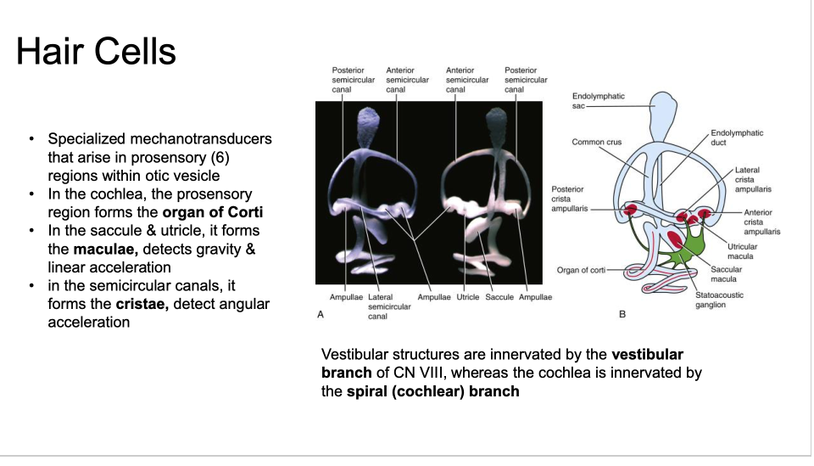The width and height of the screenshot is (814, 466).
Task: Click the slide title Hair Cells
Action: [x=96, y=53]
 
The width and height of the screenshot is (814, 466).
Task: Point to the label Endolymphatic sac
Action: [x=598, y=101]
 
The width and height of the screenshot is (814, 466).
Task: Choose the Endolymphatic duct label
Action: [x=737, y=138]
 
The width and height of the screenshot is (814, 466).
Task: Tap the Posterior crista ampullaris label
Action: [x=567, y=199]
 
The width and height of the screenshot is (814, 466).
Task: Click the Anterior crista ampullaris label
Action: [x=761, y=222]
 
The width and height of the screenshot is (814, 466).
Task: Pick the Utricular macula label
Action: [x=742, y=251]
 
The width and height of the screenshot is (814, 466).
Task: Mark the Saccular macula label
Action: [x=725, y=274]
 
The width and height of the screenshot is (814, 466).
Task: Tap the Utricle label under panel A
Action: [x=468, y=297]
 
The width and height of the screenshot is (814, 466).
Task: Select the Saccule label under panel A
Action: [x=499, y=297]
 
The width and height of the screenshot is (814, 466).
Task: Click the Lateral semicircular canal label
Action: [x=389, y=306]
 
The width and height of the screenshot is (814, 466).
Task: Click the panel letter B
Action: [x=622, y=315]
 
